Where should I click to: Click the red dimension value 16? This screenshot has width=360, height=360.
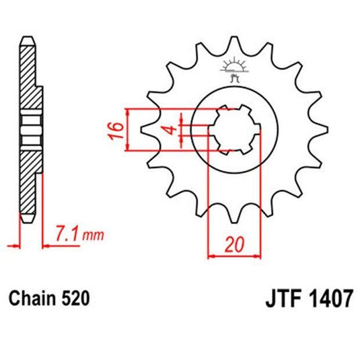click(x=116, y=130)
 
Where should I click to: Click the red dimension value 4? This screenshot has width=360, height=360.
click(x=171, y=130)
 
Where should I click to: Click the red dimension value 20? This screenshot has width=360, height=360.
click(x=234, y=244)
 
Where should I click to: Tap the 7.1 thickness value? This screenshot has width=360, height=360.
click(x=68, y=233)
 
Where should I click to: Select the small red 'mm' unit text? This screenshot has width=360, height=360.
click(x=94, y=236)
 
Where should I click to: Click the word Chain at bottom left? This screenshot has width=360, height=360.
click(x=32, y=299)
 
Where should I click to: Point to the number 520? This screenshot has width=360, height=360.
click(x=75, y=299)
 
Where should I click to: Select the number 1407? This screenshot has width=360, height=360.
click(x=330, y=299)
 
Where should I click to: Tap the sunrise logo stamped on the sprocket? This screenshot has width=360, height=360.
click(x=234, y=69)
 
